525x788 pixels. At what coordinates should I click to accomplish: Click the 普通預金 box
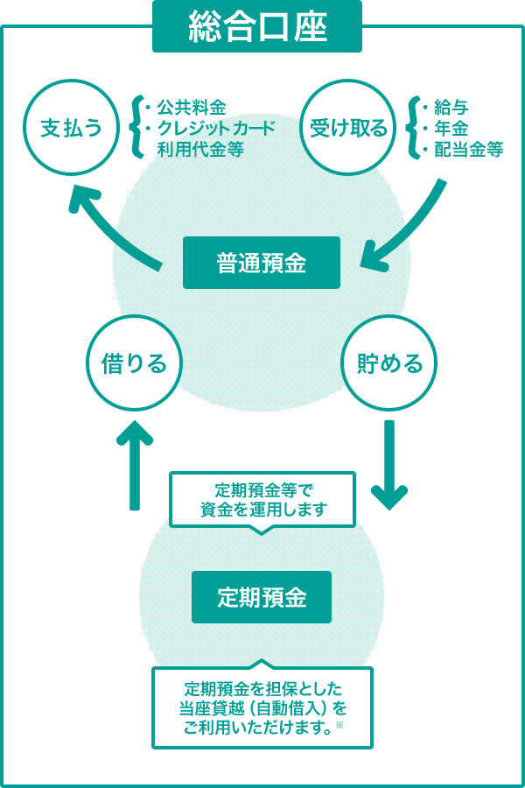(261, 263)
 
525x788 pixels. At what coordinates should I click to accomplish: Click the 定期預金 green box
(261, 597)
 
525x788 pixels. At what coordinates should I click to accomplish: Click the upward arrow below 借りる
(134, 464)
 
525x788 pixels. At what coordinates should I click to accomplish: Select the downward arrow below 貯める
(389, 464)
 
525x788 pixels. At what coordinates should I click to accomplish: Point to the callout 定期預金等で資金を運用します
(262, 499)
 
